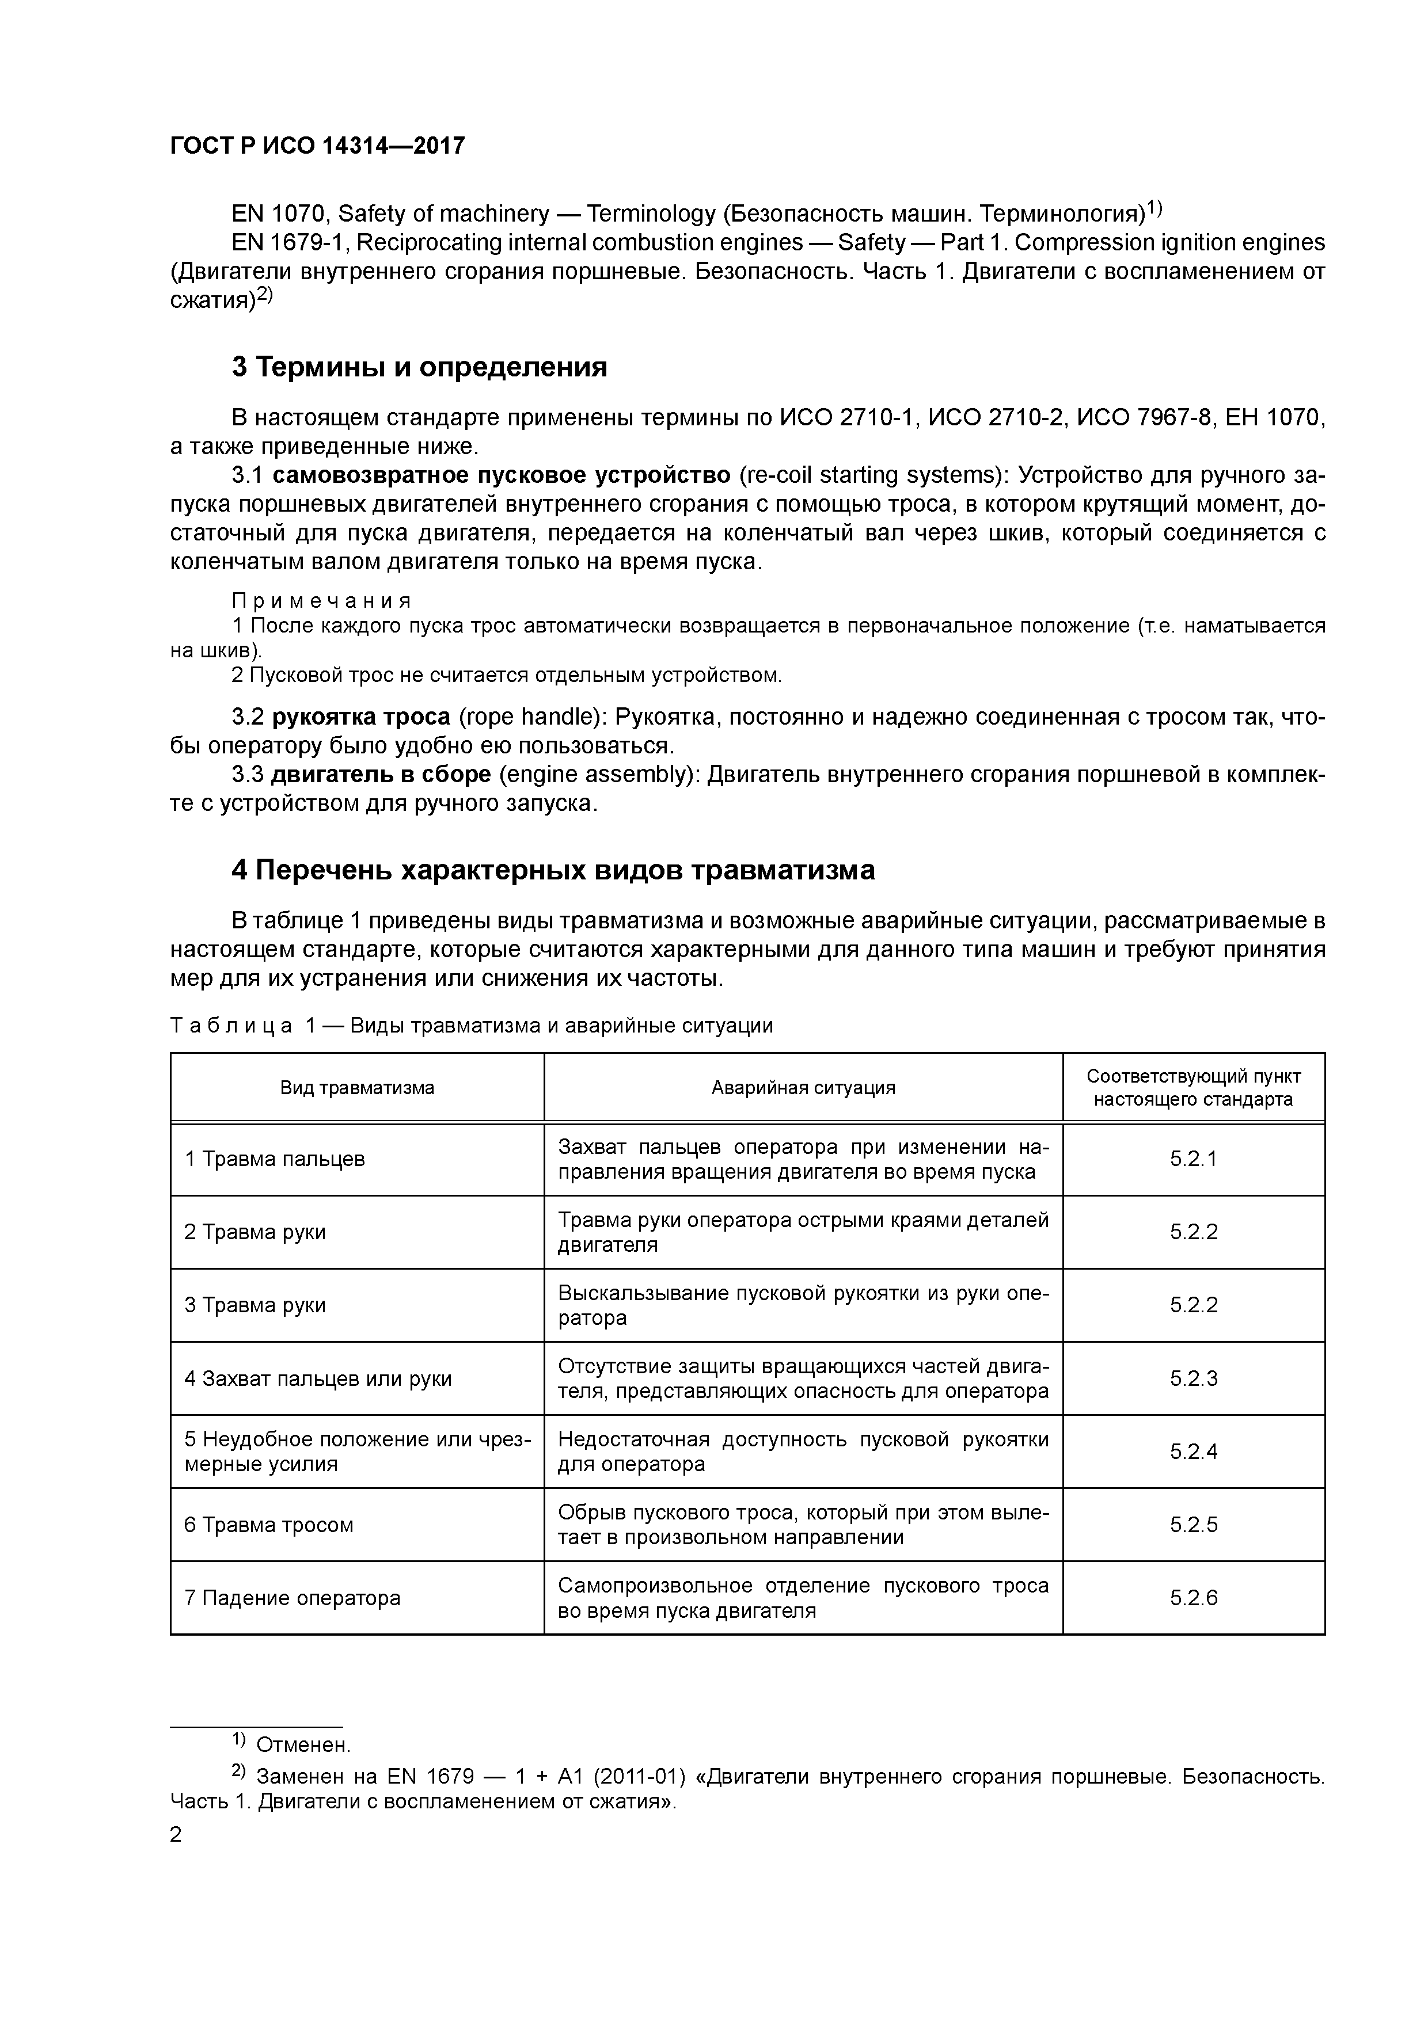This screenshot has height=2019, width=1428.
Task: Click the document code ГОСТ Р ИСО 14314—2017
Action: [317, 146]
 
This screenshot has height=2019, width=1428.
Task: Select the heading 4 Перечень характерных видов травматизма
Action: [553, 870]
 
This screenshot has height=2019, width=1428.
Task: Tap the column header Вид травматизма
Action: [357, 1088]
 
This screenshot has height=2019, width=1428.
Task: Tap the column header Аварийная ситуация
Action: [803, 1088]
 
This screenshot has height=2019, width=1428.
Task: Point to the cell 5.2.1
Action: [1193, 1159]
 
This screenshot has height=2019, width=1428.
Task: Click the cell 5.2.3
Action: [1193, 1378]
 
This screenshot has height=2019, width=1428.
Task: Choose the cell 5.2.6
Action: [1193, 1598]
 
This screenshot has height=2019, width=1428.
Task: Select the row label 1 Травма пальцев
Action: [275, 1159]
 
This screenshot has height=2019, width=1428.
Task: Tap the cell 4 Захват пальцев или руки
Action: [318, 1378]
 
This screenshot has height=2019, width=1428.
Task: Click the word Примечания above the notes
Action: [321, 601]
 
